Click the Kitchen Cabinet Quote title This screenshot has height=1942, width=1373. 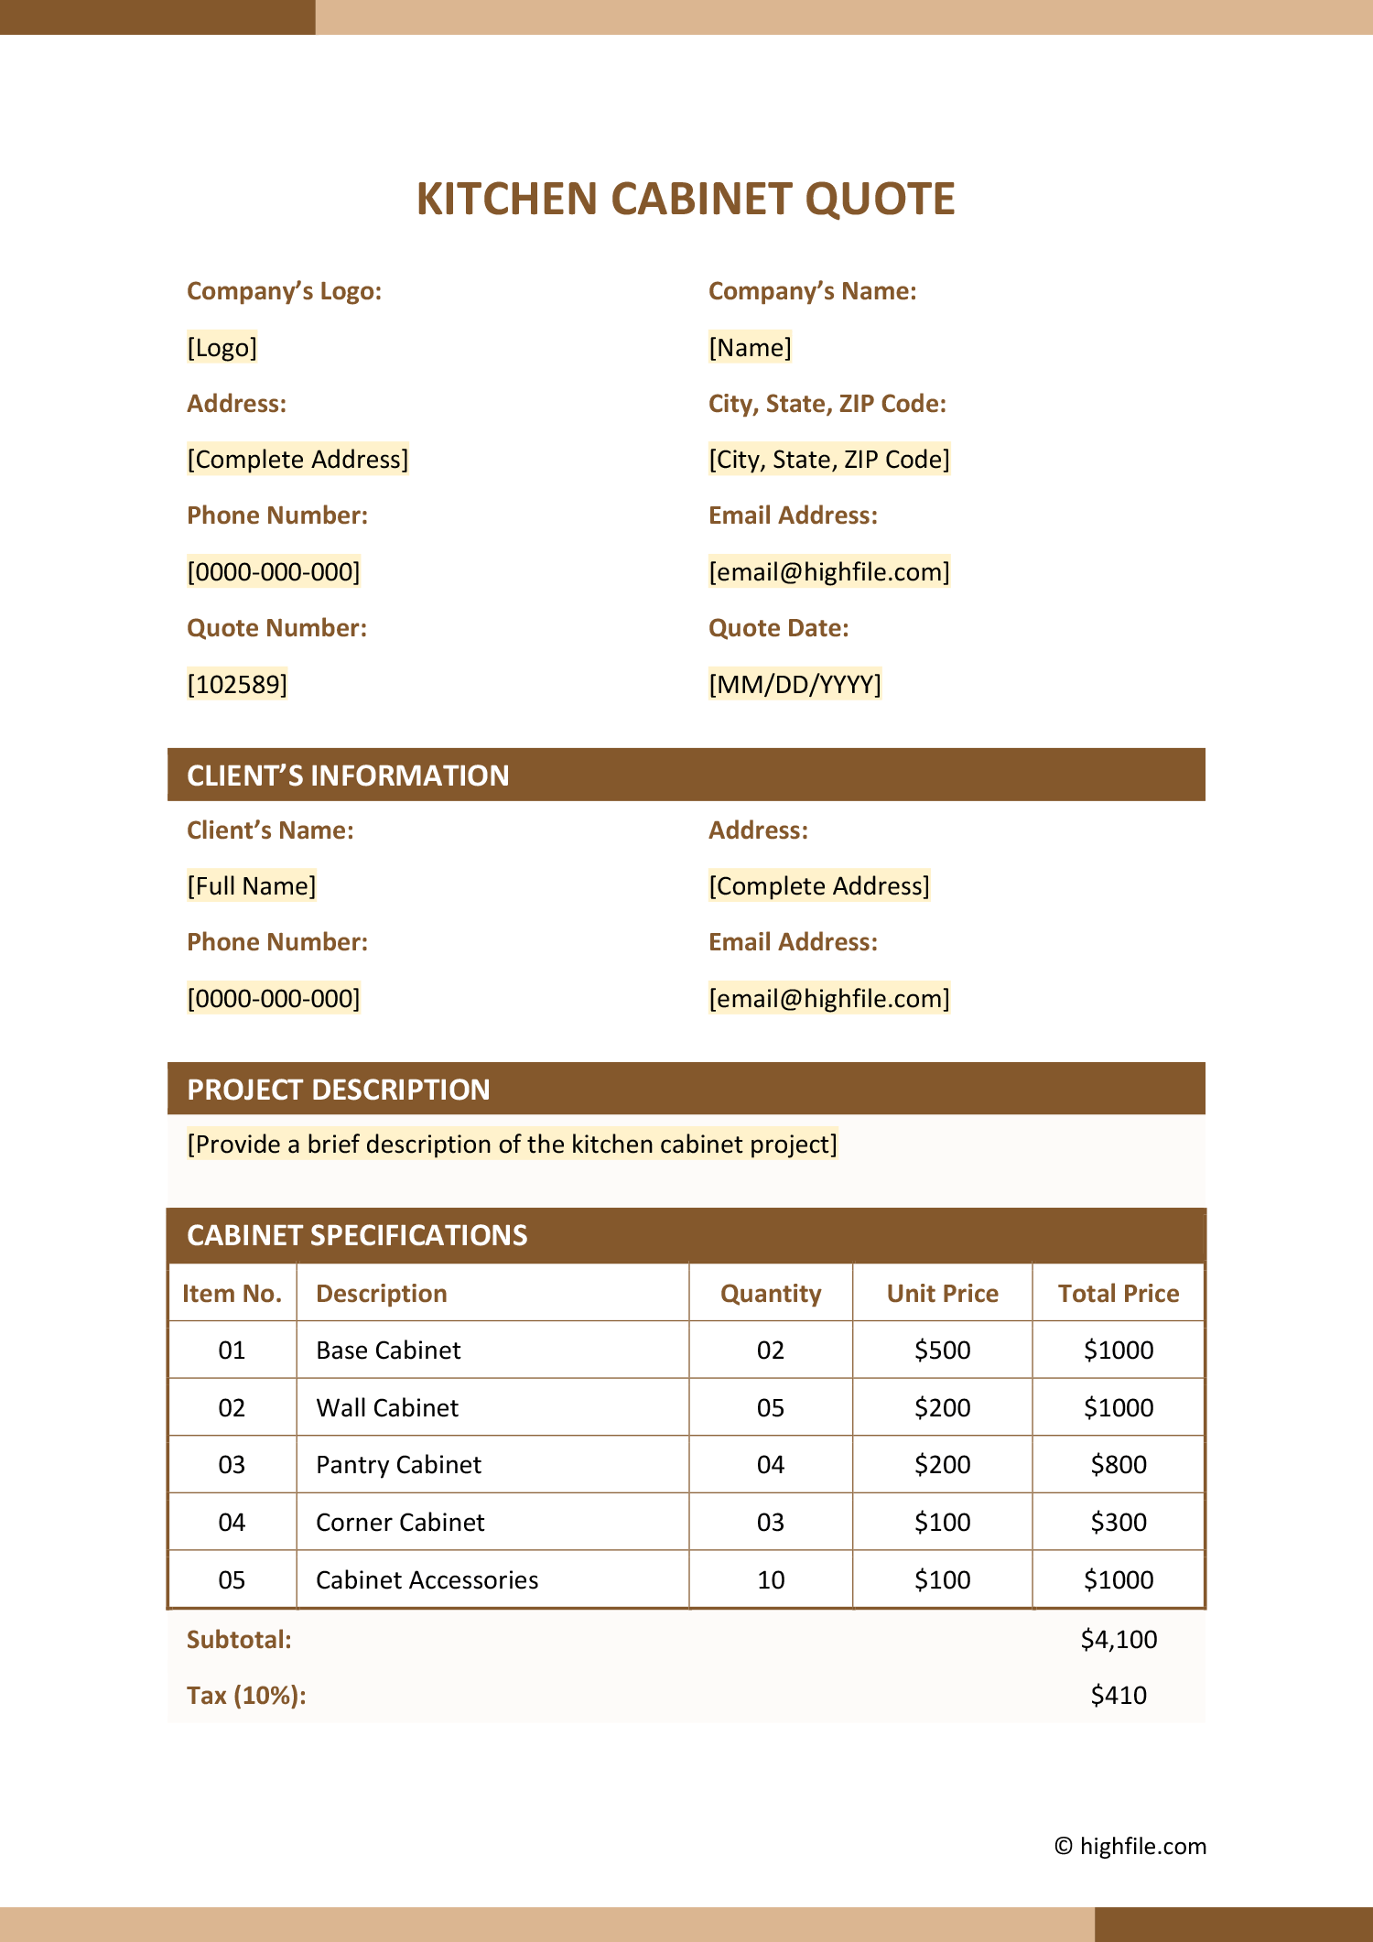pyautogui.click(x=686, y=199)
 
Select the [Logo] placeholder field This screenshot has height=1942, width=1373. pyautogui.click(x=222, y=348)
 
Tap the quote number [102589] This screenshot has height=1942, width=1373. pyautogui.click(x=237, y=684)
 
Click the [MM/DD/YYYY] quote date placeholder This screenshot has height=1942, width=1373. pyautogui.click(x=795, y=684)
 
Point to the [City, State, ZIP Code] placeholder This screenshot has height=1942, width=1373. pyautogui.click(x=829, y=459)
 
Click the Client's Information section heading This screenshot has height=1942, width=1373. pyautogui.click(x=348, y=776)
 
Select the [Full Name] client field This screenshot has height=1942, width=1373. pyautogui.click(x=252, y=885)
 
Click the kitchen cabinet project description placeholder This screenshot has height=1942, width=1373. pyautogui.click(x=513, y=1145)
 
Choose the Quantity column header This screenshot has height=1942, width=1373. pyautogui.click(x=771, y=1294)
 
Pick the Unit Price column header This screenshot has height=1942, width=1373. pyautogui.click(x=942, y=1294)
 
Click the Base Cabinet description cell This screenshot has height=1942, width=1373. pyautogui.click(x=388, y=1351)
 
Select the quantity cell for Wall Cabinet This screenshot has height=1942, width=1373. pyautogui.click(x=771, y=1408)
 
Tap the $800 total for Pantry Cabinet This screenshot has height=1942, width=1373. pyautogui.click(x=1119, y=1465)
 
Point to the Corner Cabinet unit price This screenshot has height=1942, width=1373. pyautogui.click(x=942, y=1523)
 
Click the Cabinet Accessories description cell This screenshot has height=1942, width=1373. pyautogui.click(x=427, y=1580)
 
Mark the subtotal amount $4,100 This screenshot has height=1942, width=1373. pyautogui.click(x=1119, y=1640)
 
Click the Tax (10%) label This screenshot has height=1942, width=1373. pyautogui.click(x=246, y=1696)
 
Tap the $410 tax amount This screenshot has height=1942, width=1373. pyautogui.click(x=1119, y=1696)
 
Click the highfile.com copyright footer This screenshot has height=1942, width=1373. pyautogui.click(x=1130, y=1846)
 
